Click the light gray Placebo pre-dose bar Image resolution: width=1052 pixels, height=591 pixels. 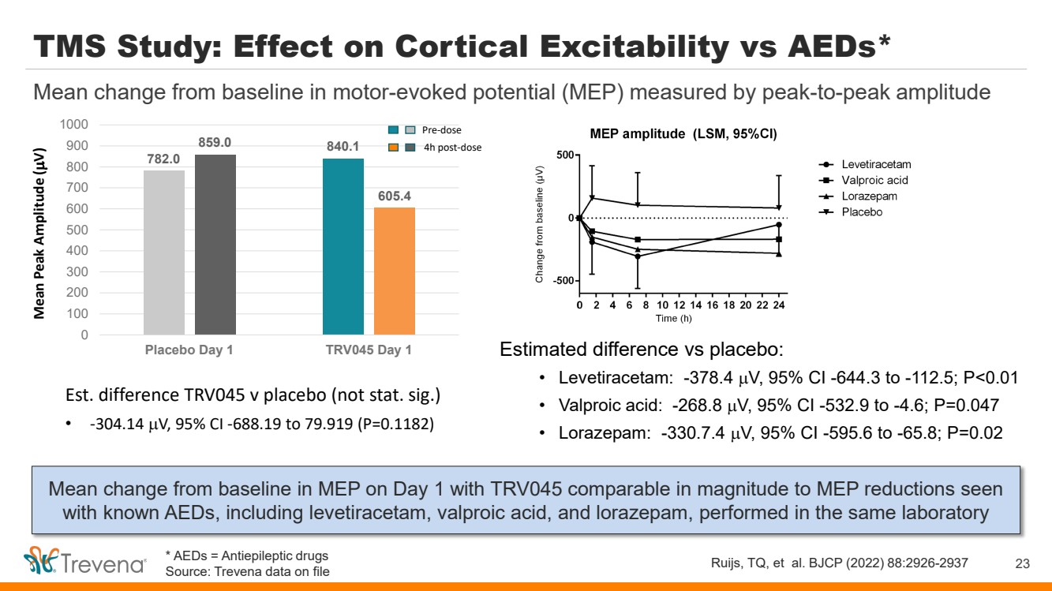(x=164, y=252)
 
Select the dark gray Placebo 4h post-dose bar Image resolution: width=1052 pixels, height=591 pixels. (x=215, y=245)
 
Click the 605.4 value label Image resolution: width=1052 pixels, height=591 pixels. (x=395, y=196)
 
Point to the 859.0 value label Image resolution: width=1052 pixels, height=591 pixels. (x=215, y=143)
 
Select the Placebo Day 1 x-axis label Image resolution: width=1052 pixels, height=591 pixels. (x=189, y=350)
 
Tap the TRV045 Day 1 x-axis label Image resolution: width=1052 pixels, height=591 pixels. (x=369, y=350)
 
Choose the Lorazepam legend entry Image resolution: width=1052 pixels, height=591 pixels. (x=869, y=196)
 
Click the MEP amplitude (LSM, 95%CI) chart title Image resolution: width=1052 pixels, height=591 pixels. (x=683, y=134)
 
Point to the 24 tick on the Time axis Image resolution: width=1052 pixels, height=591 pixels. (x=779, y=305)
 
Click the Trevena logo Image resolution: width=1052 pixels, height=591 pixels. (x=85, y=563)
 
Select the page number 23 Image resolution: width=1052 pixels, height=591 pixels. (x=1023, y=563)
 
